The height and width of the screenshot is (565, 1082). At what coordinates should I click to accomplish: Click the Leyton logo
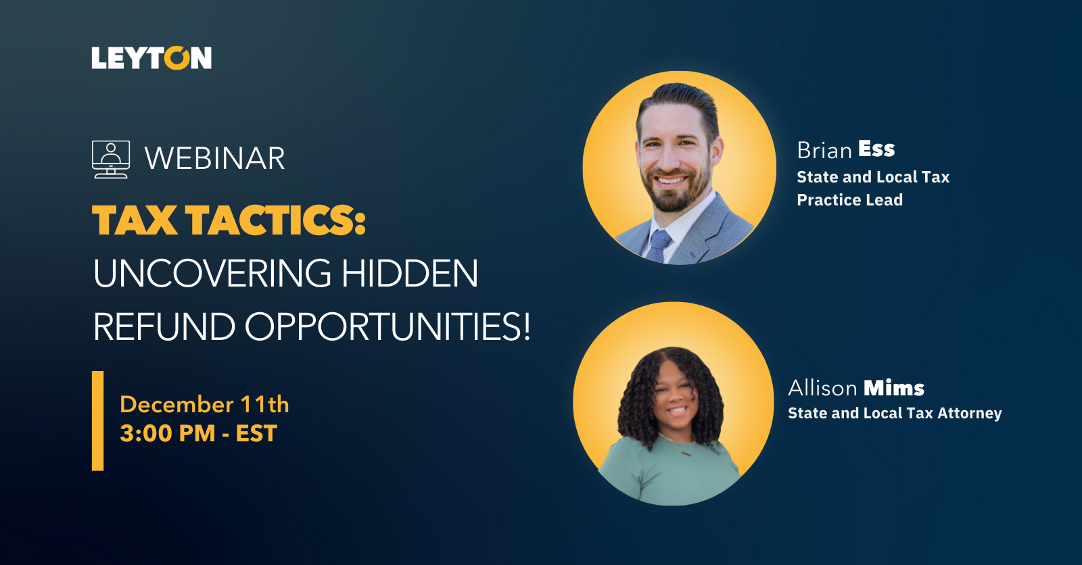151,58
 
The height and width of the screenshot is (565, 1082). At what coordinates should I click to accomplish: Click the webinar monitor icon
111,159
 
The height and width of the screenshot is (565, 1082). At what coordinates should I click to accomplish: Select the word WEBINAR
215,158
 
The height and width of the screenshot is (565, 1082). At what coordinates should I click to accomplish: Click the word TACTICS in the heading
277,221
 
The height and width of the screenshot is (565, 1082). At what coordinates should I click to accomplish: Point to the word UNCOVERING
212,273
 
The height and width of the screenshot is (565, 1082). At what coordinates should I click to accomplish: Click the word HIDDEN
410,273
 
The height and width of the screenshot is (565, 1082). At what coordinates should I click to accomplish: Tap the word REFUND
164,327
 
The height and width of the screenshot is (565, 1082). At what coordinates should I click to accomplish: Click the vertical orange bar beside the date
97,420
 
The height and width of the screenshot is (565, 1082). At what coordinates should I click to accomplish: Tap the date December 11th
204,405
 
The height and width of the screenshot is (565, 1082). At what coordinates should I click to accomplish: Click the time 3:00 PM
168,433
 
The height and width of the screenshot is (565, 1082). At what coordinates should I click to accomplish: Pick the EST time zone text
256,433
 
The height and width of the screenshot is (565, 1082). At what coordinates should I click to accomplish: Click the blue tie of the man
658,245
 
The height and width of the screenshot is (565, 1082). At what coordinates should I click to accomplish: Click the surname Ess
876,149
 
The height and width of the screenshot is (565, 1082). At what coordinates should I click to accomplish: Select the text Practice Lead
849,200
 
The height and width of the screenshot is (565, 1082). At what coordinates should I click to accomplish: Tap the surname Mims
894,388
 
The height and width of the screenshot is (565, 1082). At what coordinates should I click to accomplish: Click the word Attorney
970,414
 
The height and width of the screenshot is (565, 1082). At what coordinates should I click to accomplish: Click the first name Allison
822,388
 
